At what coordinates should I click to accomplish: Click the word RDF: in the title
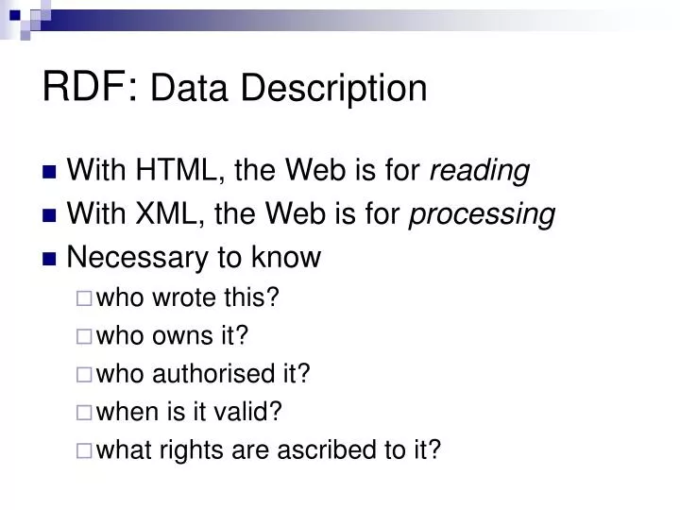[92, 86]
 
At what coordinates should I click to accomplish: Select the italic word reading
[480, 172]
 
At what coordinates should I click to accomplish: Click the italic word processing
[482, 215]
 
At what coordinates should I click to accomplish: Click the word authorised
[214, 374]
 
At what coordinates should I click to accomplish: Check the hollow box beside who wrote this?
[83, 299]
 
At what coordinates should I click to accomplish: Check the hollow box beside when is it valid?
[83, 413]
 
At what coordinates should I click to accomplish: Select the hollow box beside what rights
[83, 450]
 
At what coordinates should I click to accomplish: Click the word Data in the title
[187, 88]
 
